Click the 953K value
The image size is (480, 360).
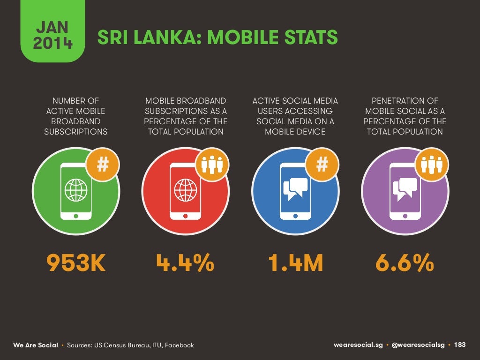click(76, 263)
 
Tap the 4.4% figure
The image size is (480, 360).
click(185, 263)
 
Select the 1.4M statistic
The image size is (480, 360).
click(295, 263)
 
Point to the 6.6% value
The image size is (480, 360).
click(405, 263)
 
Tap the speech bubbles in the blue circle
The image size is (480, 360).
click(295, 188)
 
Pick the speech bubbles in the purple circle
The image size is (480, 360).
click(405, 188)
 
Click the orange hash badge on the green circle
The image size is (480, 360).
click(103, 165)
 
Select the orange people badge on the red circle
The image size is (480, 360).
click(212, 165)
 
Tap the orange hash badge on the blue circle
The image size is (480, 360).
click(322, 165)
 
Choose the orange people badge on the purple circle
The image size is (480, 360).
click(431, 165)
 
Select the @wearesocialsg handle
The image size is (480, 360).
click(418, 345)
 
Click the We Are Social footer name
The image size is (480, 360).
click(36, 345)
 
